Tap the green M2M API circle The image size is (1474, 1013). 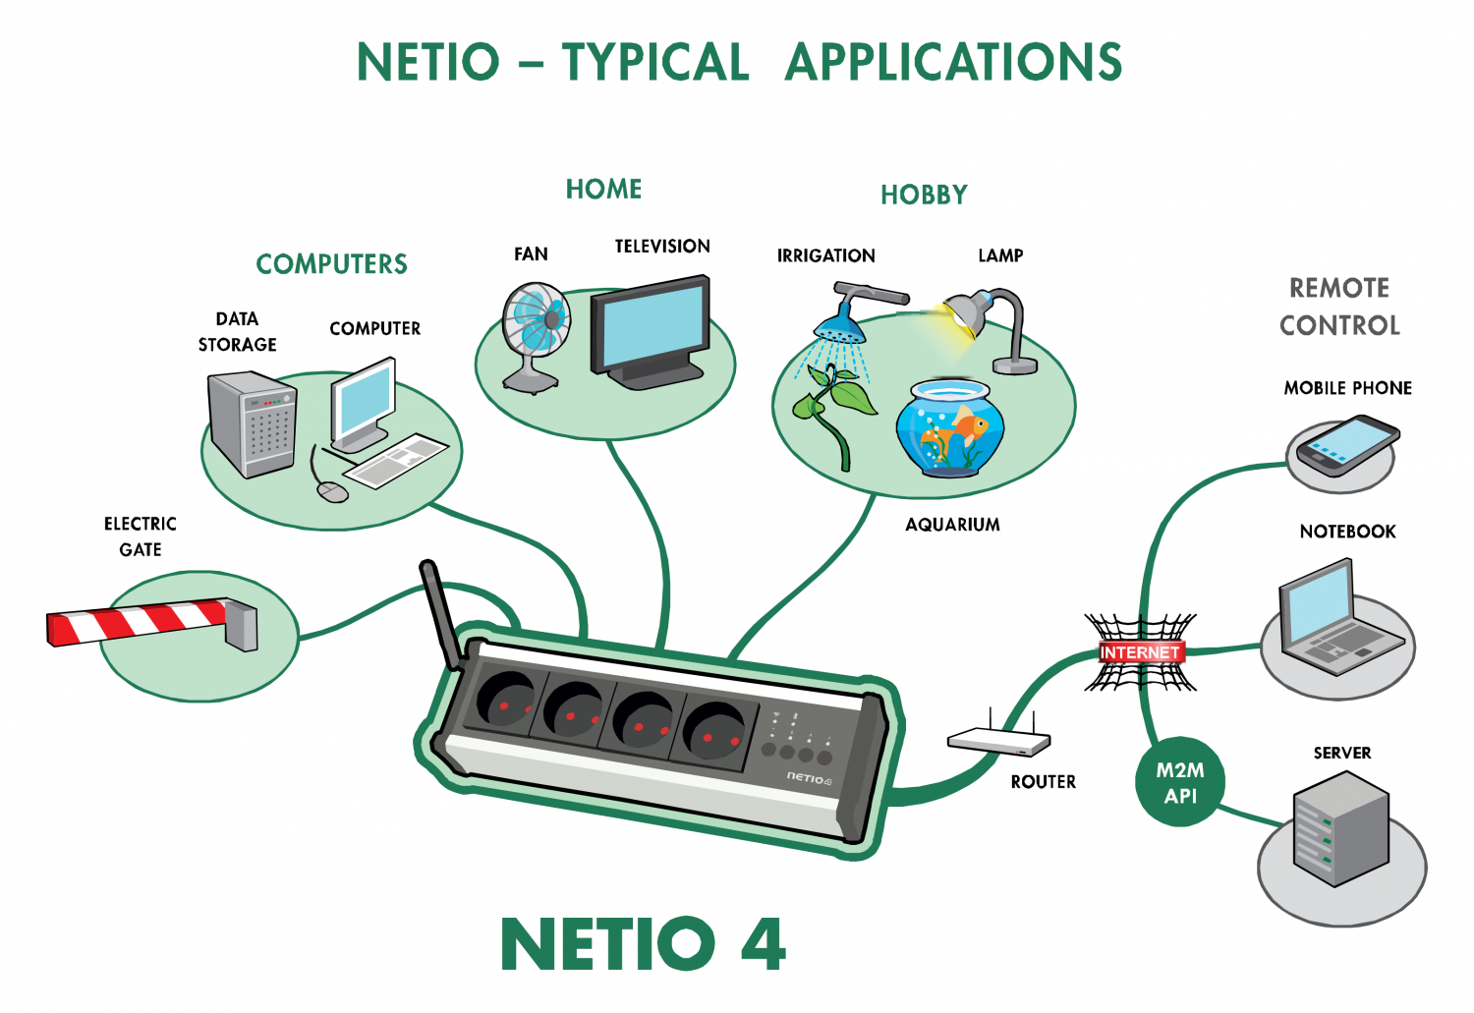click(x=1180, y=782)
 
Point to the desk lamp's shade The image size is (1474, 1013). click(x=967, y=313)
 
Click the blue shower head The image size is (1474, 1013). click(x=839, y=326)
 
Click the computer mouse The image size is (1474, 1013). click(x=333, y=490)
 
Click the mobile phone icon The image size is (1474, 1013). click(x=1347, y=445)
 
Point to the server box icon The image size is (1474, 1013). click(x=1341, y=829)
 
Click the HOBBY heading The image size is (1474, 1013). click(x=924, y=195)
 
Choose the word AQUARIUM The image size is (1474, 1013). click(x=952, y=525)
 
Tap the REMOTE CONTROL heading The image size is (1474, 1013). click(x=1339, y=307)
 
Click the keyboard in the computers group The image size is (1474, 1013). click(x=395, y=461)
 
